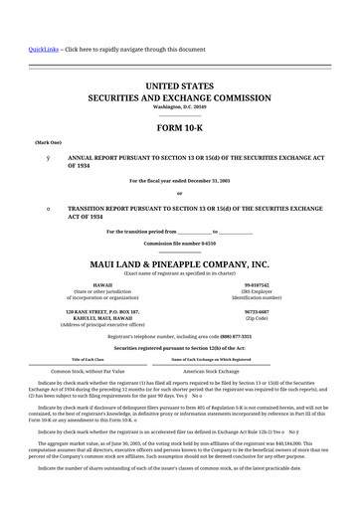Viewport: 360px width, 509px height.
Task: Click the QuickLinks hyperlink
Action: tap(44, 49)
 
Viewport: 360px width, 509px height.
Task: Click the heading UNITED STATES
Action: tap(179, 87)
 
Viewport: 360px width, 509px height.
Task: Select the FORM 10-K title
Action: tap(179, 129)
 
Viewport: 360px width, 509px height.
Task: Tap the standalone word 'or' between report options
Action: tap(179, 193)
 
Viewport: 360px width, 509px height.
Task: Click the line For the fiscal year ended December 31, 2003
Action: tap(179, 180)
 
